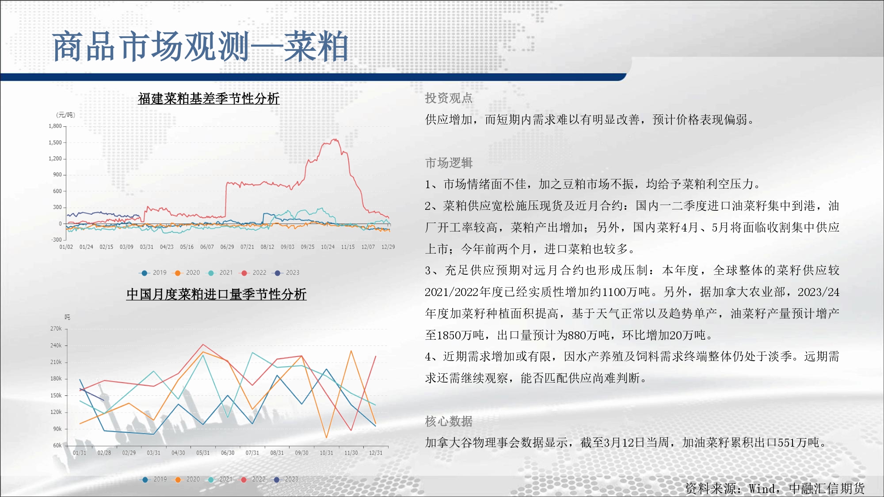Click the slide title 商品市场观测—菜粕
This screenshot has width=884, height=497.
tap(200, 46)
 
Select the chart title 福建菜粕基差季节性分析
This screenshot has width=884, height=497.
tap(209, 99)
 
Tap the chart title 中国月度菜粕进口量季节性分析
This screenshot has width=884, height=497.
tap(216, 294)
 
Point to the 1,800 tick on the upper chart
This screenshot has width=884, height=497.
tap(55, 126)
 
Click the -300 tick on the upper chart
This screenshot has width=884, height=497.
tap(57, 240)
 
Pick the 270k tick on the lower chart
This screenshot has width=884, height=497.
tap(56, 329)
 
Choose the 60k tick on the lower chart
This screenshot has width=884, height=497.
tap(57, 445)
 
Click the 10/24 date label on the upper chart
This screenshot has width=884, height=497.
tap(328, 247)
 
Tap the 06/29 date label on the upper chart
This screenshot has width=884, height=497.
tap(227, 247)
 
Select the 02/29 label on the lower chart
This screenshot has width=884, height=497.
tap(129, 453)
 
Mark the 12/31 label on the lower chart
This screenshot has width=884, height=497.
tap(376, 453)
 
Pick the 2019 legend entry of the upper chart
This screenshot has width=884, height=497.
tap(153, 273)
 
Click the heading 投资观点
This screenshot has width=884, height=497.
tap(449, 98)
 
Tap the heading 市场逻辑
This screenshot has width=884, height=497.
tap(449, 163)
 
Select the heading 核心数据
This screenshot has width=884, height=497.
tap(449, 421)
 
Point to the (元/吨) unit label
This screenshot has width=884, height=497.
tap(65, 115)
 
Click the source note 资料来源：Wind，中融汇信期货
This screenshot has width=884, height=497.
tap(775, 489)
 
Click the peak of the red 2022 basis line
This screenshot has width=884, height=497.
tap(335, 139)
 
